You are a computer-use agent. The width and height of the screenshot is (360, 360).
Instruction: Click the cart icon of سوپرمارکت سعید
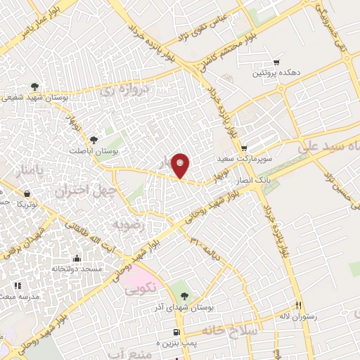click(243, 148)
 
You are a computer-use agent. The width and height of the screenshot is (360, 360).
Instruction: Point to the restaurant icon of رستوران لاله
click(298, 305)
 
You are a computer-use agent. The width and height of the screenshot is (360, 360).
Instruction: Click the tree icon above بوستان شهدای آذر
click(184, 295)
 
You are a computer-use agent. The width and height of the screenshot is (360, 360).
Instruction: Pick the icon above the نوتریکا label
click(26, 193)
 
